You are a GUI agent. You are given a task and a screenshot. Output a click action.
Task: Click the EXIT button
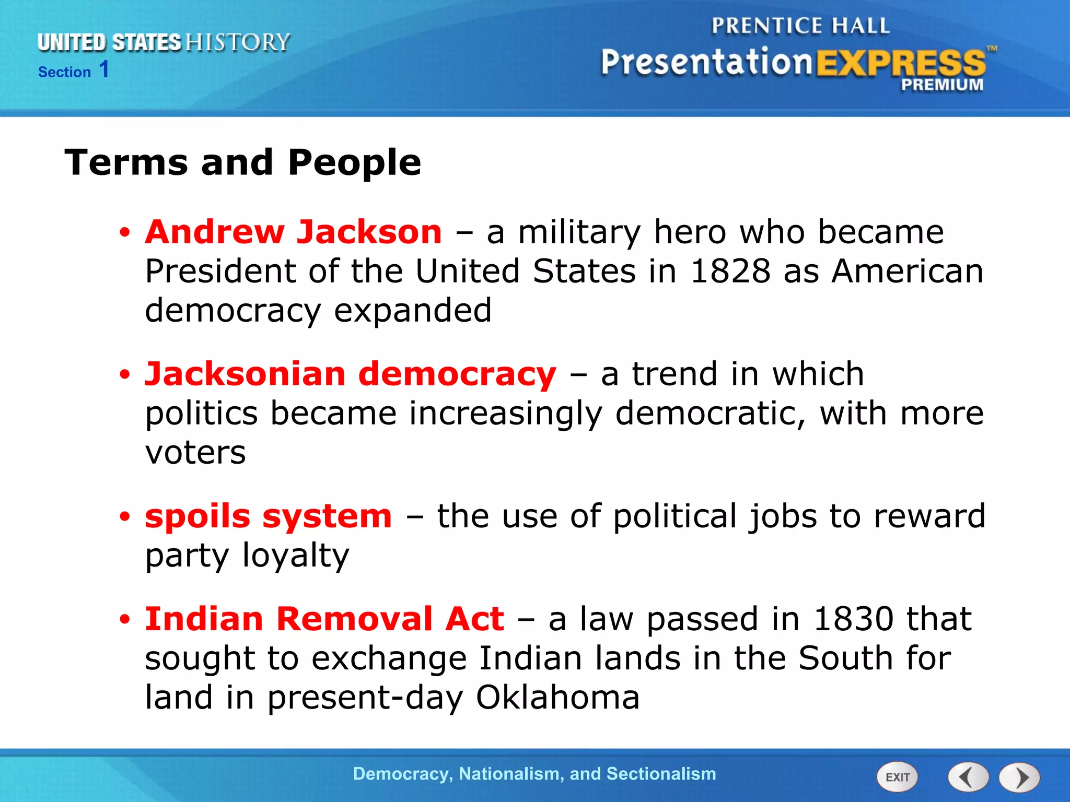897,777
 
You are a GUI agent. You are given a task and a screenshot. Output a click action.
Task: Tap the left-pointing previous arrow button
968,777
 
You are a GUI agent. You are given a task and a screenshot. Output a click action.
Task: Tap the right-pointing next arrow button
1019,777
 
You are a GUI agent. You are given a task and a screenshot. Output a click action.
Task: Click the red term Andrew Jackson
294,232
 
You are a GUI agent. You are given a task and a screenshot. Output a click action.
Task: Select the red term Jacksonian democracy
351,374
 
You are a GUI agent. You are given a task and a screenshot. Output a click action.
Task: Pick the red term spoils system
268,516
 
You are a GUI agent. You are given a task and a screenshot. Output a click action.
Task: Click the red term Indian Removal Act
324,619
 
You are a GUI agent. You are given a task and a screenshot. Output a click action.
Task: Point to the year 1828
730,272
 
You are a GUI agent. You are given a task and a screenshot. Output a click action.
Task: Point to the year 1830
853,619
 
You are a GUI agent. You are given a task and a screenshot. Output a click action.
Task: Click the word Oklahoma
557,698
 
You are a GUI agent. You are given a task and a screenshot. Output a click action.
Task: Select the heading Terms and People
242,162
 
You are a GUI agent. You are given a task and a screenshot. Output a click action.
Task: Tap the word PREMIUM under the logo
941,85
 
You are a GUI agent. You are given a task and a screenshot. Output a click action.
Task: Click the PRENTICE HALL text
800,26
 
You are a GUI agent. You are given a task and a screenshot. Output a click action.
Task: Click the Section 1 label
74,70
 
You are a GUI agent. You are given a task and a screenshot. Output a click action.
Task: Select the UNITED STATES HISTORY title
164,42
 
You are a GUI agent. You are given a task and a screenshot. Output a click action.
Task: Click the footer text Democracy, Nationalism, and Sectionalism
534,774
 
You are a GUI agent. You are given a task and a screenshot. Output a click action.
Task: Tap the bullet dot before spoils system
124,517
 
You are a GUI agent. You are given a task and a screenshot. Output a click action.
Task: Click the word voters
195,453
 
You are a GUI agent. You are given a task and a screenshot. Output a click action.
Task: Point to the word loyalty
296,556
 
